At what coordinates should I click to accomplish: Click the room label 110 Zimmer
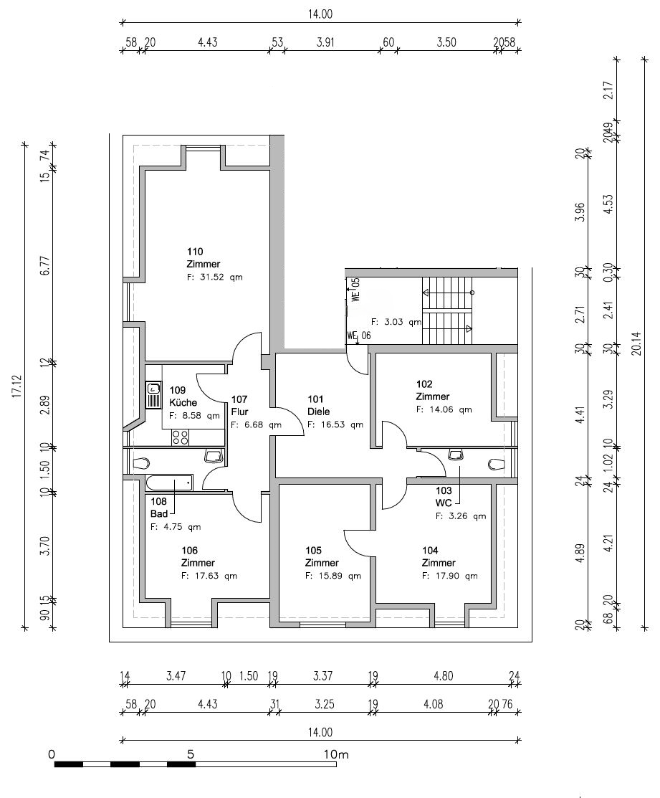point(204,257)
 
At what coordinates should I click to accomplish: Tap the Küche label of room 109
point(183,402)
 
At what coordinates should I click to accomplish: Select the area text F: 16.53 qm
point(335,424)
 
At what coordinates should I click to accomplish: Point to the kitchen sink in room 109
point(153,394)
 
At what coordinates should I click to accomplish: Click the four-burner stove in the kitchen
point(180,437)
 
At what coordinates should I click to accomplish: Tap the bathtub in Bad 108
point(169,483)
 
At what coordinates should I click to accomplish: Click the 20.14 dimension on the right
point(636,343)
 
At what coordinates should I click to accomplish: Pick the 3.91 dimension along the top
point(325,42)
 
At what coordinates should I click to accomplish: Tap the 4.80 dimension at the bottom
point(444,676)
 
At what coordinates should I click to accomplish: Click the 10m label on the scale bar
point(336,754)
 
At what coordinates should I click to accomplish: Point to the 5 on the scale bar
point(191,754)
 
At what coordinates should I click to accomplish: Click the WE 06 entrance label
point(359,336)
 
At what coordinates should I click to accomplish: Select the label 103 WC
point(444,497)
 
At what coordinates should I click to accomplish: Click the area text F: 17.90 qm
point(450,576)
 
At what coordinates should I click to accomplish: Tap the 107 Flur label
point(239,406)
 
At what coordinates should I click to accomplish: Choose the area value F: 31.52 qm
point(214,277)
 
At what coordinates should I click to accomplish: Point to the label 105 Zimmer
point(322,557)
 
